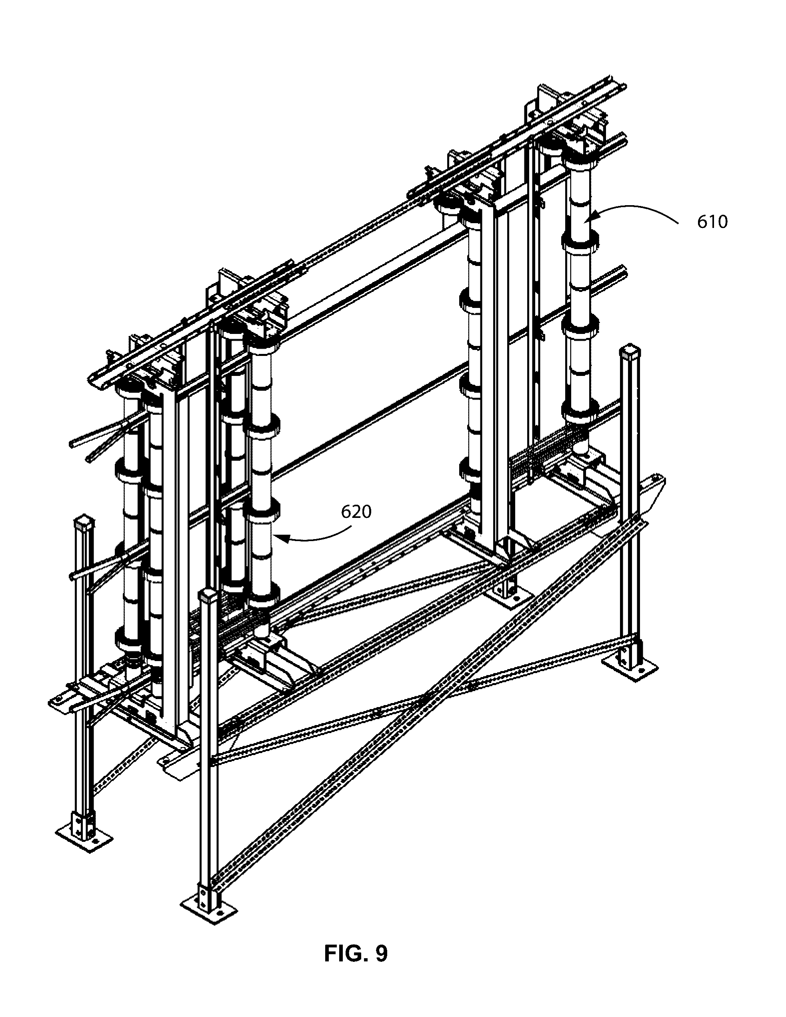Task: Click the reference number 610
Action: pos(712,222)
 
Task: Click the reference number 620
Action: pos(356,512)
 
